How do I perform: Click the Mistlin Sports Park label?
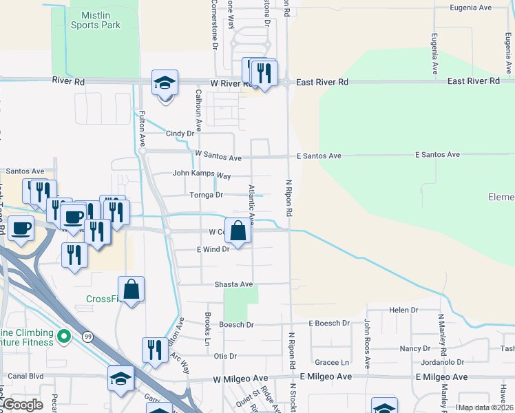(95, 20)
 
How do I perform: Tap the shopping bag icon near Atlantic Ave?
(238, 231)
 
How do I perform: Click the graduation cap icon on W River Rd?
(165, 83)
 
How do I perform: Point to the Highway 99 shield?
(87, 336)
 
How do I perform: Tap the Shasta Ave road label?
(234, 284)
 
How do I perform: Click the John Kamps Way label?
(201, 173)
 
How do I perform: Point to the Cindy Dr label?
(180, 134)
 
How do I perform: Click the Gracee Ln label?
(332, 362)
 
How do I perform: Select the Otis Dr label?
(225, 356)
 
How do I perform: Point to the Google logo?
(23, 405)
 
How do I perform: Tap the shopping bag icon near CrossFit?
(131, 289)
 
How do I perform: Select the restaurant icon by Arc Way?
(154, 350)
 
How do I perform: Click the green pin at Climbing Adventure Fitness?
(64, 337)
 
